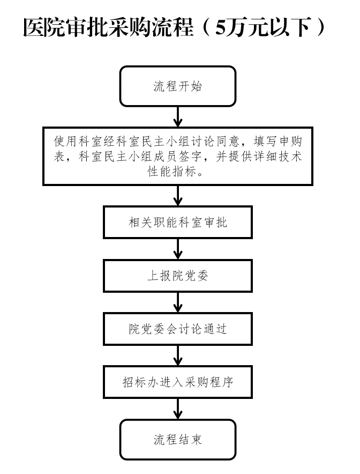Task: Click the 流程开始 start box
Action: click(177, 86)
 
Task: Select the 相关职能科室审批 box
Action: click(177, 223)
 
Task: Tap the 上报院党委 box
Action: click(177, 276)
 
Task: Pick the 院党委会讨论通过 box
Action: click(177, 329)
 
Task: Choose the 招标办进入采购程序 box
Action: click(177, 382)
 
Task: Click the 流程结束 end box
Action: click(177, 440)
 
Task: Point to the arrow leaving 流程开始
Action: click(178, 117)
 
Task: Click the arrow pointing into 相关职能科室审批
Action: click(178, 196)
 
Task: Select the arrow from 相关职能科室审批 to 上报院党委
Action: click(178, 249)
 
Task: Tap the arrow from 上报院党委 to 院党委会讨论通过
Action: click(178, 302)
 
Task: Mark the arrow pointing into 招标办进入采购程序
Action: click(178, 355)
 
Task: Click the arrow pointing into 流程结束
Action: click(178, 409)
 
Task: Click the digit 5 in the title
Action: click(221, 28)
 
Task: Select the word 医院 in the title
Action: click(44, 28)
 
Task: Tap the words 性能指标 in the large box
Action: click(172, 172)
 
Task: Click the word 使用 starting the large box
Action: click(66, 141)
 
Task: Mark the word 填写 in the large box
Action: click(265, 141)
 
